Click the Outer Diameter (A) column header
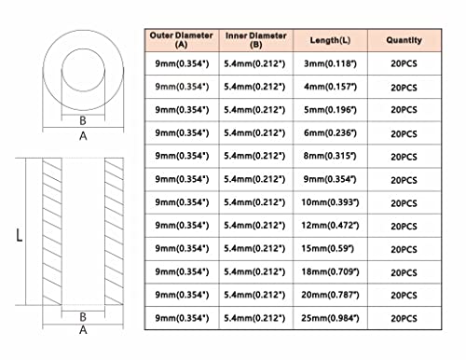182,40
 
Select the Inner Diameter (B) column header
255,40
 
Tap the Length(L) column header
330,40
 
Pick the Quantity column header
404,40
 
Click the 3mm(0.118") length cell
330,63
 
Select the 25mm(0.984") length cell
330,318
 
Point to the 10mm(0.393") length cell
330,202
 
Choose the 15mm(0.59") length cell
327,248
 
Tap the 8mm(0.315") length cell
330,156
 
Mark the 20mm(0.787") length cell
330,295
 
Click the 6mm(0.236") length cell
330,132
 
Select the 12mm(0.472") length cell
330,225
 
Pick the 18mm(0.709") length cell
330,271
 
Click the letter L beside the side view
19,235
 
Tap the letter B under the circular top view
83,120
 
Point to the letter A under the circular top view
83,136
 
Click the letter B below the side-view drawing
83,317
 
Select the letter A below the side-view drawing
83,329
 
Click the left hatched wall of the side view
52,231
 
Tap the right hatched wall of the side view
114,231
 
